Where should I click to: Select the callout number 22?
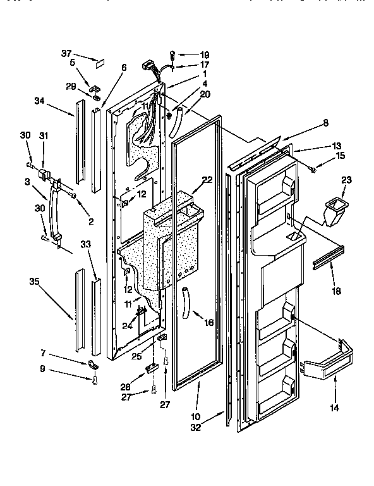(207, 181)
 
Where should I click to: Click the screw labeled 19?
(171, 56)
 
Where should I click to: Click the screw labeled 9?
(93, 380)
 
